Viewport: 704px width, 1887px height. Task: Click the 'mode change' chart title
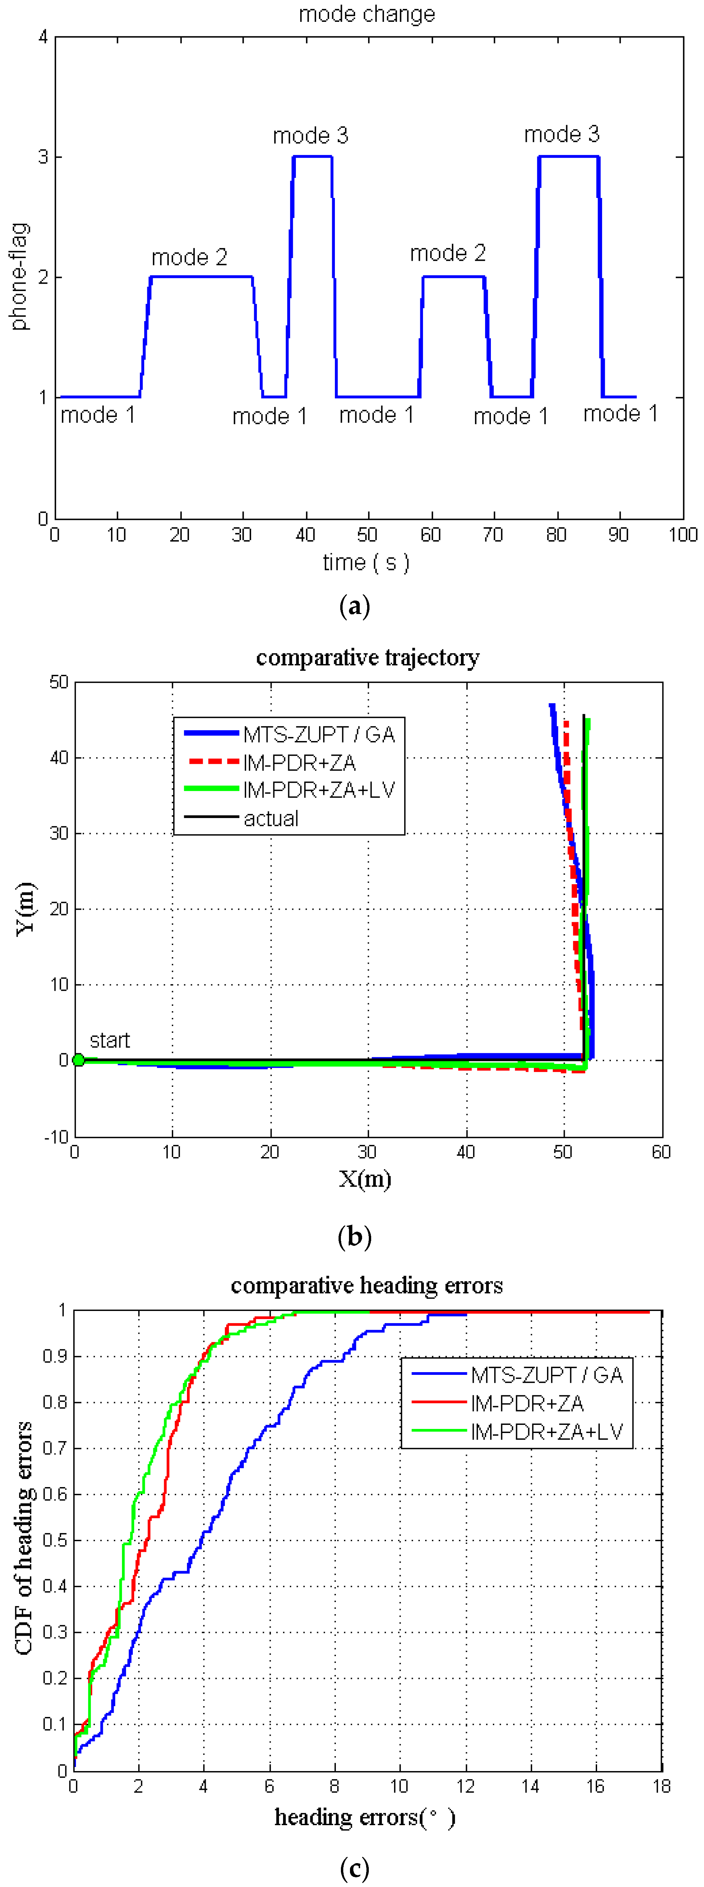point(366,14)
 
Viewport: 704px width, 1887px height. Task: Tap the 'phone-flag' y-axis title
point(20,276)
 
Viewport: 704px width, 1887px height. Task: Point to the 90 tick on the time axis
point(619,535)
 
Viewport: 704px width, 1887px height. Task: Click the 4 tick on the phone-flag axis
point(43,37)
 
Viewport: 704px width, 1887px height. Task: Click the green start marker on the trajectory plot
point(78,1060)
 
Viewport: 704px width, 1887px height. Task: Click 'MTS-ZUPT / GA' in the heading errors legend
point(547,1375)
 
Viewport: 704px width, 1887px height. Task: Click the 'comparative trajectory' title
point(368,658)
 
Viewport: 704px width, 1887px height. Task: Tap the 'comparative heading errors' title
point(366,1285)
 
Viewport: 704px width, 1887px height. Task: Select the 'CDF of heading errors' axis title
point(24,1538)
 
